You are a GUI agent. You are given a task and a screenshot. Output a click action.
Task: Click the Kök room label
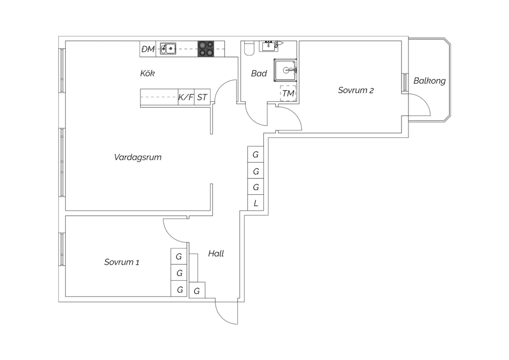(x=147, y=73)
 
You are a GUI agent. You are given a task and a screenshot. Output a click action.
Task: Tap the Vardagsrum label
(x=137, y=157)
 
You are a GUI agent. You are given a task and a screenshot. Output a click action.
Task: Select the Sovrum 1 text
(x=121, y=262)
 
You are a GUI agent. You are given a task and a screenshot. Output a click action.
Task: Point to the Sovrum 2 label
(x=356, y=90)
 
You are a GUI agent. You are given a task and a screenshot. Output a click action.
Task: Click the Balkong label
(x=429, y=81)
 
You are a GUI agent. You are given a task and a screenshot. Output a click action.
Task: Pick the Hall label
(x=216, y=254)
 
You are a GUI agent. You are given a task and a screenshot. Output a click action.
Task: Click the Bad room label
(x=259, y=73)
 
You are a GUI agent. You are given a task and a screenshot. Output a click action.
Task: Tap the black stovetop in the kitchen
(x=206, y=49)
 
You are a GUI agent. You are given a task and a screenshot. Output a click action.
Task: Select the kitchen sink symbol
(x=168, y=49)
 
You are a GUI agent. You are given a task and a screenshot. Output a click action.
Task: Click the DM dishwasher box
(x=148, y=49)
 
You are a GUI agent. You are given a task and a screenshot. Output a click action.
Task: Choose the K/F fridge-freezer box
(x=186, y=97)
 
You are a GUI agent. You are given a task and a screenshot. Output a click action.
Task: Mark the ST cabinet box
(x=202, y=97)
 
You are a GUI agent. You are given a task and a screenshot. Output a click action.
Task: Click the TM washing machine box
(x=288, y=93)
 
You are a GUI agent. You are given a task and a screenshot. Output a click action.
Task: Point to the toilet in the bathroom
(x=249, y=48)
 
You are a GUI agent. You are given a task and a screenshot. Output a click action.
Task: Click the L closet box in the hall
(x=256, y=203)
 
